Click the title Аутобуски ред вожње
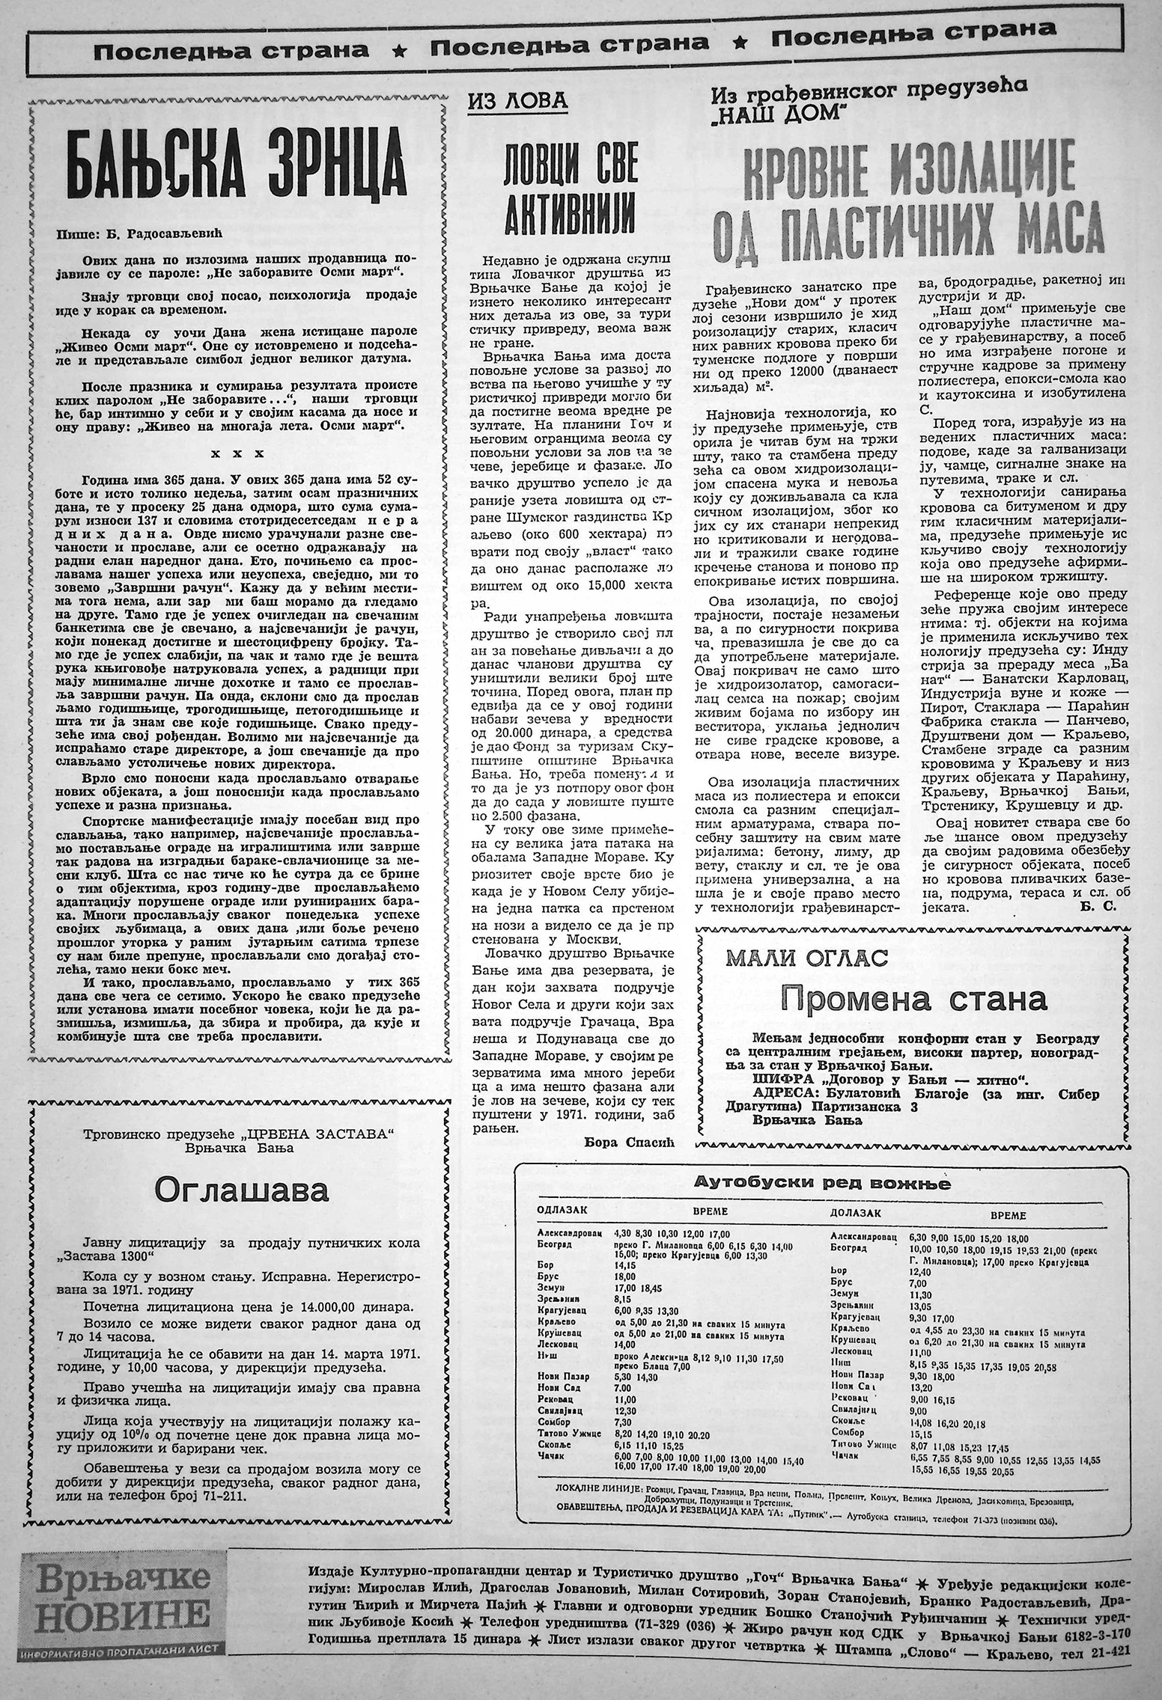(x=822, y=1182)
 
